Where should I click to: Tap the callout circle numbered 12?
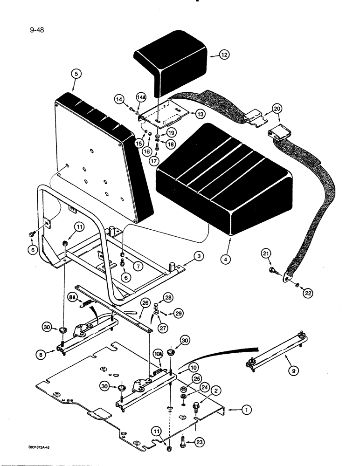pyautogui.click(x=224, y=55)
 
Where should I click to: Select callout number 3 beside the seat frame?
pyautogui.click(x=198, y=257)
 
